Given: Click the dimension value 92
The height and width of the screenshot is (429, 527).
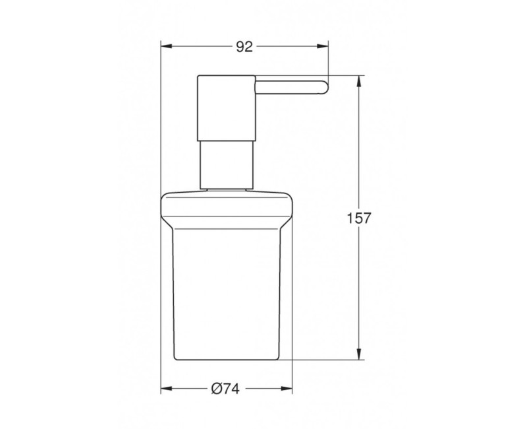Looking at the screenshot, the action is tap(244, 47).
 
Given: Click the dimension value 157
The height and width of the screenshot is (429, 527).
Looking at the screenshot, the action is tap(358, 218).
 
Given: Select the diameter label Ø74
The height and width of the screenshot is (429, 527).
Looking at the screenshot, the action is tap(225, 389).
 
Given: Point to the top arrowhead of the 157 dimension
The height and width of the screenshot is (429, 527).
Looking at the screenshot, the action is tap(359, 81).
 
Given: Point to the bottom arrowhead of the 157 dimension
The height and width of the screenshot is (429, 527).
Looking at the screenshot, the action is tap(359, 354).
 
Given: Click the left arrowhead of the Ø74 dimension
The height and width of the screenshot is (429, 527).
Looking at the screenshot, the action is tap(167, 389).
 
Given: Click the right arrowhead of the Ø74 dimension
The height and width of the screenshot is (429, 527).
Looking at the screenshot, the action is tap(287, 389).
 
